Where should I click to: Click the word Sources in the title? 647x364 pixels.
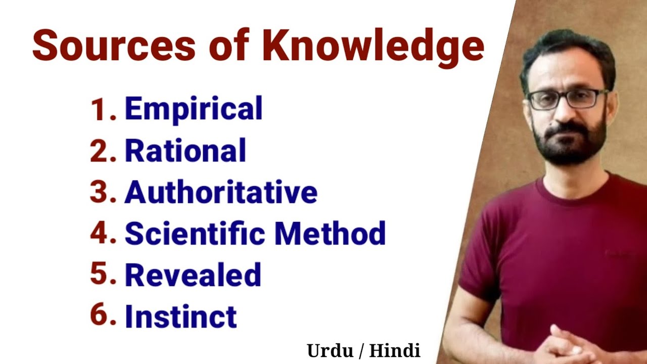pyautogui.click(x=114, y=47)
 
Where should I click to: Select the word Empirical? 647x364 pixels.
pyautogui.click(x=194, y=109)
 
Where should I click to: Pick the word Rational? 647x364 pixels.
pyautogui.click(x=186, y=151)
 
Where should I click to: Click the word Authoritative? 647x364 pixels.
pyautogui.click(x=221, y=192)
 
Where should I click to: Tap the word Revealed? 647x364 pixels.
pyautogui.click(x=193, y=275)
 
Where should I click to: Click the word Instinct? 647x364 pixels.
pyautogui.click(x=180, y=316)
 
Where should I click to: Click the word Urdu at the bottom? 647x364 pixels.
pyautogui.click(x=329, y=351)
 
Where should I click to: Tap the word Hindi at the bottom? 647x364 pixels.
pyautogui.click(x=394, y=350)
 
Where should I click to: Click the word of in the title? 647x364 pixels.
pyautogui.click(x=229, y=47)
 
